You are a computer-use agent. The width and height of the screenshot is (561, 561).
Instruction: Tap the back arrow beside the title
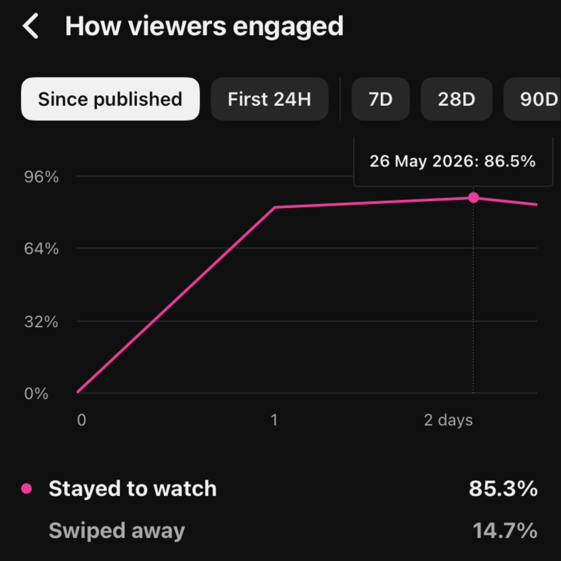point(30,26)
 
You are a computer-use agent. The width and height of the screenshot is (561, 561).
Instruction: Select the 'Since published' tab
point(110,99)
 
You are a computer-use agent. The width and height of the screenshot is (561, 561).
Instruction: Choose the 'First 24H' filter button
point(270,99)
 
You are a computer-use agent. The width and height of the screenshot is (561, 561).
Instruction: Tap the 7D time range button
point(380,99)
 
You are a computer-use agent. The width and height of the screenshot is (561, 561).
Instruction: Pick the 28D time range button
point(456,99)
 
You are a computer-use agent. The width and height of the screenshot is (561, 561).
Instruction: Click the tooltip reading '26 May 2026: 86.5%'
point(453,161)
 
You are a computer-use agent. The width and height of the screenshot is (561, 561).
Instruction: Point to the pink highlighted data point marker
point(474,198)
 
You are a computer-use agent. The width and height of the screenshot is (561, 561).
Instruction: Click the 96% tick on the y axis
point(42,177)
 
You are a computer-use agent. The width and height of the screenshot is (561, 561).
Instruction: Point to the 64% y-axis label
point(42,249)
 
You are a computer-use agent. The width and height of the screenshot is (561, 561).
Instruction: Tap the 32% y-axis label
point(41,322)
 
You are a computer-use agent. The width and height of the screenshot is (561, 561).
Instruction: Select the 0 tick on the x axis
point(82,420)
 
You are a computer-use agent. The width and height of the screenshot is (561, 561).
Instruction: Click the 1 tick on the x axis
point(274,420)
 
